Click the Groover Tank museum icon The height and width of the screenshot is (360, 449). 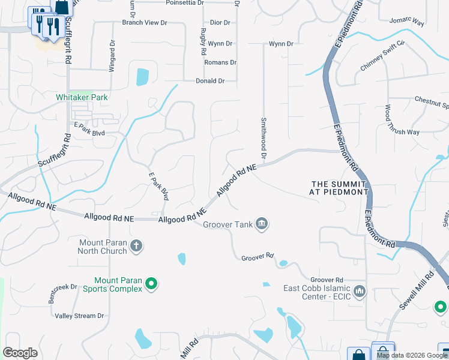[x=262, y=224]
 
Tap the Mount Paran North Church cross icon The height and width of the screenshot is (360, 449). [x=137, y=245]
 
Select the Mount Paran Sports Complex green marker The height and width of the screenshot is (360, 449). [x=151, y=284]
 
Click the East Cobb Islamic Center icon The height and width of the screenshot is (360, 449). [x=360, y=292]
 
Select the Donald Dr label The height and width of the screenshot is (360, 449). [x=210, y=81]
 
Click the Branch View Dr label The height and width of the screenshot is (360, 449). [x=144, y=23]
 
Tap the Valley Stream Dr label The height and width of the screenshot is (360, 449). [x=79, y=316]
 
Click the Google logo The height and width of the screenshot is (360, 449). [x=20, y=353]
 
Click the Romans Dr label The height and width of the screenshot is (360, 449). [x=220, y=62]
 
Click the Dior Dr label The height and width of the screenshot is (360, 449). [x=219, y=23]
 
